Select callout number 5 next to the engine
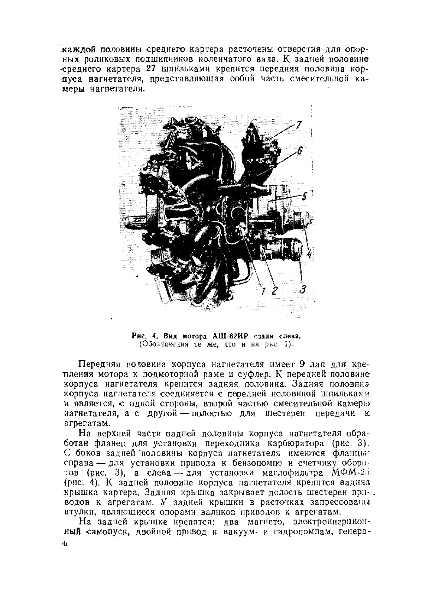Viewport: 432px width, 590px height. (305, 197)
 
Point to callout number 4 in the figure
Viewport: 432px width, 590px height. (309, 253)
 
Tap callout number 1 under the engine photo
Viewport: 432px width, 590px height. (263, 291)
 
